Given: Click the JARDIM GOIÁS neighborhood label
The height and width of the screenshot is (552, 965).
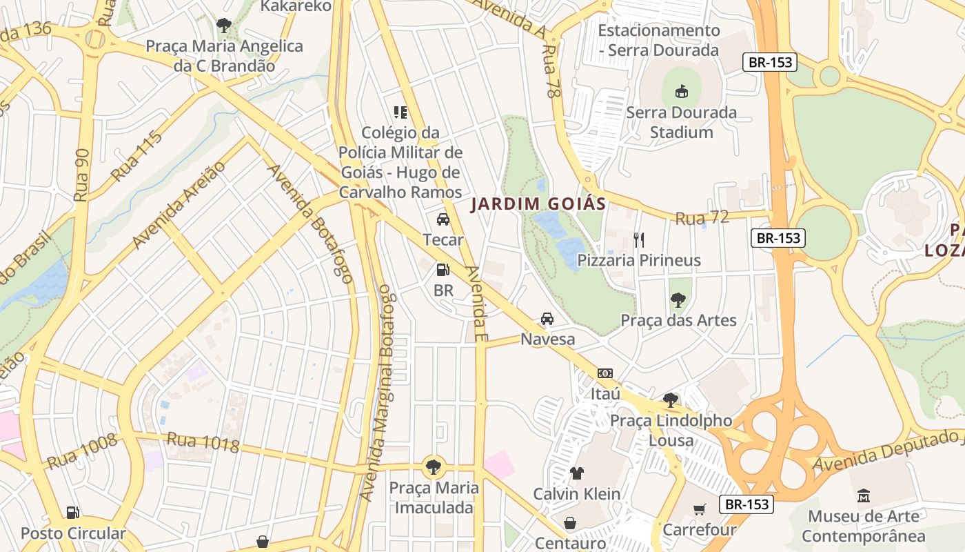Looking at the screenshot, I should (538, 204).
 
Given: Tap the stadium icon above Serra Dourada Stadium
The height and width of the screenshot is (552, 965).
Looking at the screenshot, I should (681, 91).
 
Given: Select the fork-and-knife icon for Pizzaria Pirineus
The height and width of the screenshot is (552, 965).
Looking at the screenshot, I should (639, 239).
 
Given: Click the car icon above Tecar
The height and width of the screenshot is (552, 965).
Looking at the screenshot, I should (443, 219).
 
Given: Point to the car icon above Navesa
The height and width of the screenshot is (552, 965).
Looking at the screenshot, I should (547, 319).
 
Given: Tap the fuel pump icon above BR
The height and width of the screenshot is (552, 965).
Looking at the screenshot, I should (443, 270).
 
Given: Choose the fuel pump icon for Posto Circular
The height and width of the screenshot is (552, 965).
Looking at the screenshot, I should (73, 513).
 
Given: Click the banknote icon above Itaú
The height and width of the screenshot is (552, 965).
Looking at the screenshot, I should (605, 373).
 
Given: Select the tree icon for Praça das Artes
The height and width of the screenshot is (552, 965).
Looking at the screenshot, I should (678, 299).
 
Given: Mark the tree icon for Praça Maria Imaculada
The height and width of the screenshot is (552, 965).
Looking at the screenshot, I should (433, 467).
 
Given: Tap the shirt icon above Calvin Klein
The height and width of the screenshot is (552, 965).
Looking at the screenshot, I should (576, 473).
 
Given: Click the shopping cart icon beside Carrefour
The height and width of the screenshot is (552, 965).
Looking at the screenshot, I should (700, 510).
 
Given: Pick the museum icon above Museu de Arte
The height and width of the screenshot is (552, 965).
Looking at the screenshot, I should (864, 495).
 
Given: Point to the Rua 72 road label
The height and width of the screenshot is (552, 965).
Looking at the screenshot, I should (702, 218).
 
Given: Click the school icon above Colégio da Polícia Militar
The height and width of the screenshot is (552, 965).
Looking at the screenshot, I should (400, 112).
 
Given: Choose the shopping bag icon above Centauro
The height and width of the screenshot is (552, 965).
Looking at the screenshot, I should (569, 523).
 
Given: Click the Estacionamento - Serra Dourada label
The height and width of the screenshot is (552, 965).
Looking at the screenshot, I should (658, 40).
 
